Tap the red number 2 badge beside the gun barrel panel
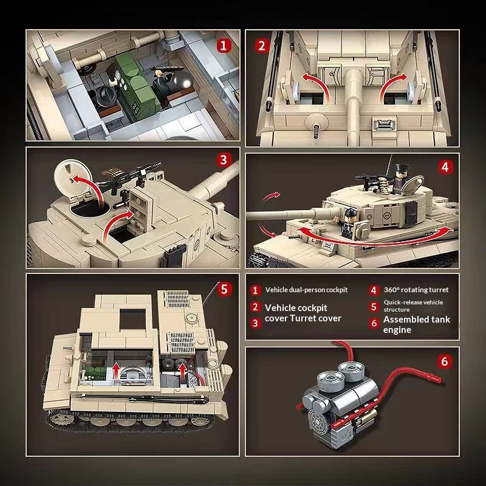tap(262, 46)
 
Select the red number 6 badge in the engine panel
tap(445, 361)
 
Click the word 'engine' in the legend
tap(397, 330)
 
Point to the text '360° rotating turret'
tap(416, 290)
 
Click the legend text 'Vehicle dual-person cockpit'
tap(306, 290)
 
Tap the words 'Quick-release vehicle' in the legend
tap(413, 302)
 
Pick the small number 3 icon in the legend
tap(255, 323)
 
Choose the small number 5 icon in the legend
tap(374, 307)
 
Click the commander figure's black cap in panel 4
tap(402, 168)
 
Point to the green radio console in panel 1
tap(136, 87)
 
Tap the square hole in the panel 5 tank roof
tap(132, 319)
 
